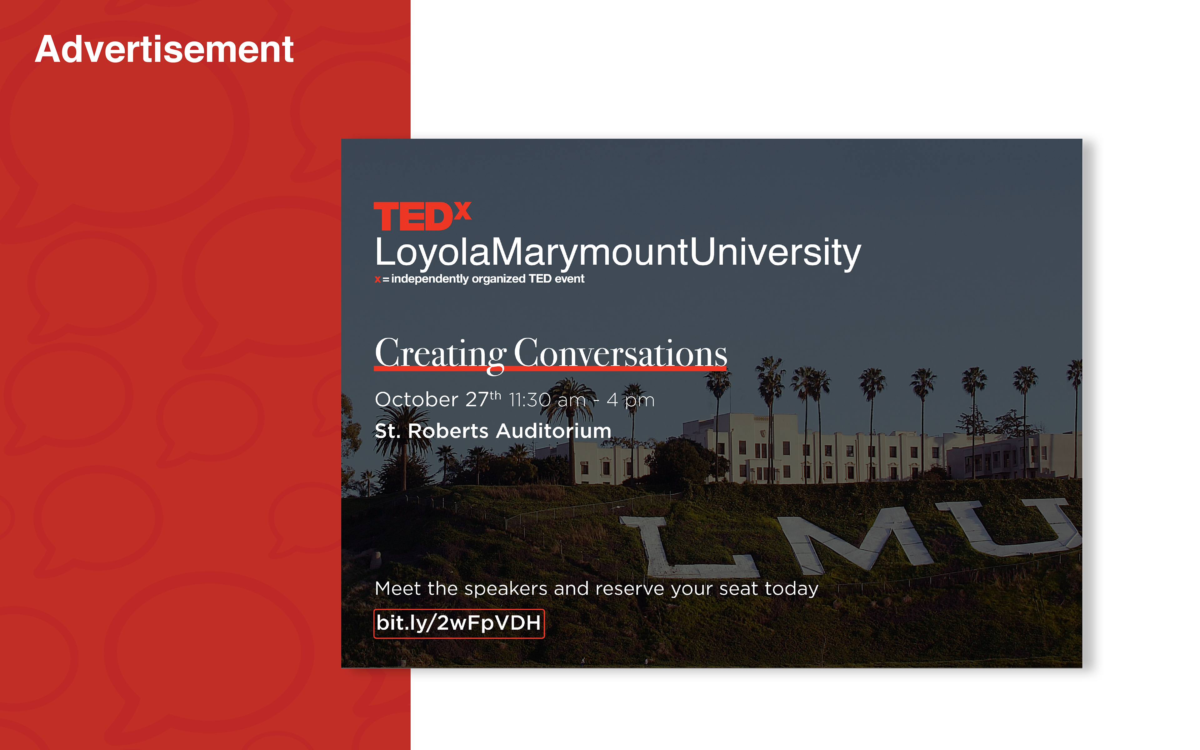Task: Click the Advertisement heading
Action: pyautogui.click(x=164, y=50)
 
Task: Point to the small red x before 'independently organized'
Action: pyautogui.click(x=377, y=279)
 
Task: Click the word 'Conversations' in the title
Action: pyautogui.click(x=620, y=353)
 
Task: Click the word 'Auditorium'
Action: pyautogui.click(x=554, y=431)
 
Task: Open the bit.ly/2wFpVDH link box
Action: pyautogui.click(x=459, y=623)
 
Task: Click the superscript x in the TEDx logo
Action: pyautogui.click(x=462, y=210)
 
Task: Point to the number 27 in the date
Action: pyautogui.click(x=477, y=399)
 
